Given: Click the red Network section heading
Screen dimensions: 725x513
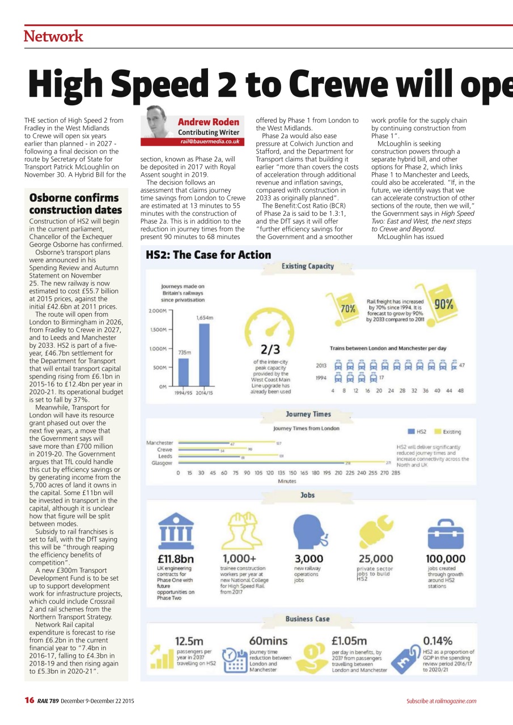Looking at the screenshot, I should pos(53,36).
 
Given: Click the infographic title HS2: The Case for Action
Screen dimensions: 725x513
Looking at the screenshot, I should pos(209,255).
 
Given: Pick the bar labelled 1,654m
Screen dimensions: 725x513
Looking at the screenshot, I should pos(205,355).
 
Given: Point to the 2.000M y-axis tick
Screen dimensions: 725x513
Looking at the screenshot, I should pos(157,311).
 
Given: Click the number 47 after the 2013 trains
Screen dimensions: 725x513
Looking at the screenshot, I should pos(462,365).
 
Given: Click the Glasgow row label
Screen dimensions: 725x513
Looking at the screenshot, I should pos(162,463).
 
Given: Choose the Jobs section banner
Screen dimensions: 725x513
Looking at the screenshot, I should pos(307,495).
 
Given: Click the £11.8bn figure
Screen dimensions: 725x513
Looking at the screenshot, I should pos(176,559).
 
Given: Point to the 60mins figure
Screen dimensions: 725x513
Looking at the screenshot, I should pos(268,641).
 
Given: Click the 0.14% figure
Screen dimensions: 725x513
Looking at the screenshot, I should pos(438,641).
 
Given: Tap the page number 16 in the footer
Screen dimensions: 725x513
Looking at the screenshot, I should pos(29,701).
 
